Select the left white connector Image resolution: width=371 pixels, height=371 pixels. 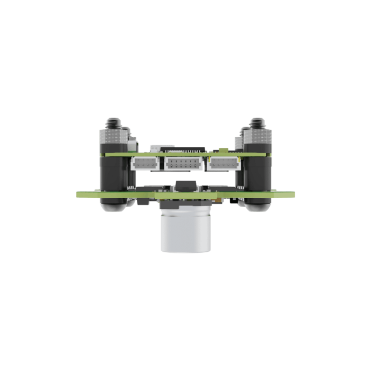(x=145, y=164)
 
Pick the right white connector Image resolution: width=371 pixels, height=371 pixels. (x=223, y=164)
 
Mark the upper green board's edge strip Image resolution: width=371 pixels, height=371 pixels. (x=185, y=154)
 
